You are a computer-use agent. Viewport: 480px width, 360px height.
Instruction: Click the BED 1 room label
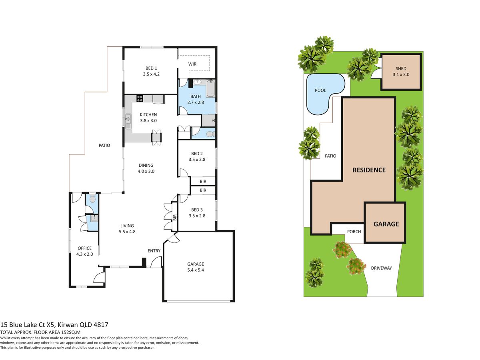[151, 71]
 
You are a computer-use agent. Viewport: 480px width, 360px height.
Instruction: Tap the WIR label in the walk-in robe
[192, 64]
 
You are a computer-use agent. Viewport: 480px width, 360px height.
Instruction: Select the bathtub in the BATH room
[210, 88]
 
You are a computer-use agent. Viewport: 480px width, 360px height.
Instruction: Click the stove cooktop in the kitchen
[140, 98]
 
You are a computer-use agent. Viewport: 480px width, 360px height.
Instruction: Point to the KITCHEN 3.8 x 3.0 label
[148, 117]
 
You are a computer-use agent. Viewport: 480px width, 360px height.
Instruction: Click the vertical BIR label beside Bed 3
[175, 217]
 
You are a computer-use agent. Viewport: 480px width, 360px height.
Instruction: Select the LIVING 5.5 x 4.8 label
[127, 229]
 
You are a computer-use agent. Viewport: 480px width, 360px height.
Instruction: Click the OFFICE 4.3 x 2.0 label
[85, 251]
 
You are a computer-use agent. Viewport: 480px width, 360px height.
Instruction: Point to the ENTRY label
[154, 251]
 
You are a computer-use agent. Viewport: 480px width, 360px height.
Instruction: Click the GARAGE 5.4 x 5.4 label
[196, 267]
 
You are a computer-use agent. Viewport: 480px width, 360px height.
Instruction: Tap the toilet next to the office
[92, 198]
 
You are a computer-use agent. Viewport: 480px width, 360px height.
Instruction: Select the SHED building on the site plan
[401, 72]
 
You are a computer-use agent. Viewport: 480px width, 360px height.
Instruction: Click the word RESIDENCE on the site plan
[369, 170]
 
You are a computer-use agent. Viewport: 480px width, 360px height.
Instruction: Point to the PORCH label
[354, 232]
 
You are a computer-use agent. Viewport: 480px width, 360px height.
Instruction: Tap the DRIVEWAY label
[381, 268]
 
